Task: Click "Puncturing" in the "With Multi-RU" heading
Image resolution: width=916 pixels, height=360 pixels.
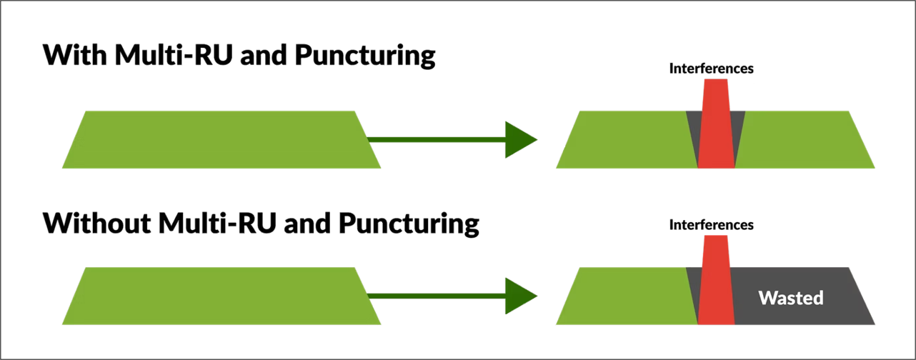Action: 364,57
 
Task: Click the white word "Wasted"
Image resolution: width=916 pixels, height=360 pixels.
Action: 791,298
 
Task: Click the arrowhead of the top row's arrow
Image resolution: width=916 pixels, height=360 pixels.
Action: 520,140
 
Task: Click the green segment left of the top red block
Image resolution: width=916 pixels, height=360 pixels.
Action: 625,139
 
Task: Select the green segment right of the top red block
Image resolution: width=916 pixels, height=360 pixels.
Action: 804,139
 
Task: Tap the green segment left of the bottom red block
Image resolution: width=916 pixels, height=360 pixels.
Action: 625,296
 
